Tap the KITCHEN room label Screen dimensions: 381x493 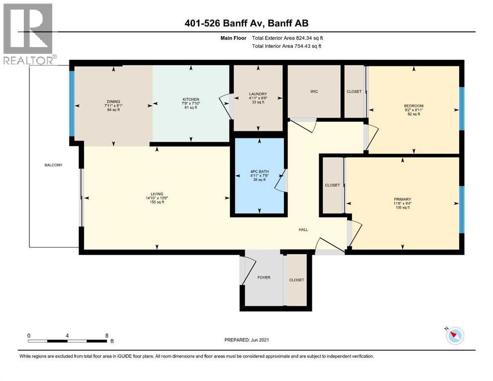[x=191, y=99]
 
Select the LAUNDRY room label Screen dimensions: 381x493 [x=258, y=94]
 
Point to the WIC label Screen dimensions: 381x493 [x=314, y=91]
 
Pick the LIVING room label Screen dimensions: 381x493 [x=157, y=194]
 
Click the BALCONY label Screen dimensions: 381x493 [x=53, y=165]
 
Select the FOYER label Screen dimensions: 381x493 [x=264, y=277]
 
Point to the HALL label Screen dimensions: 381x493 [x=303, y=230]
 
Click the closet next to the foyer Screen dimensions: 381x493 [x=296, y=280]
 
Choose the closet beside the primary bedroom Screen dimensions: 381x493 [x=332, y=185]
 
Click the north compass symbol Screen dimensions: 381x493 [x=455, y=336]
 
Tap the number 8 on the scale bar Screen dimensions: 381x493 [x=107, y=336]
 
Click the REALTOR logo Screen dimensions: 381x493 [x=28, y=34]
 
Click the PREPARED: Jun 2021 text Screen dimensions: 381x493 [x=247, y=340]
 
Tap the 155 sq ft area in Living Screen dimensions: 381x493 [x=157, y=203]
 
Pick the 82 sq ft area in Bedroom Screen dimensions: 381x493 [x=414, y=114]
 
